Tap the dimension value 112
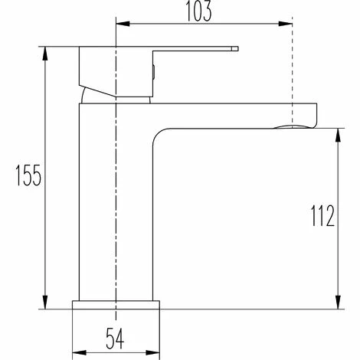[322, 218]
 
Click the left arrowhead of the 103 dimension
[120, 23]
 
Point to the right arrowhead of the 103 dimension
[289, 23]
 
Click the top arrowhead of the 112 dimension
[338, 133]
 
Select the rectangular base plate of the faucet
[116, 304]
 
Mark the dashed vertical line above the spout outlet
[293, 77]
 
